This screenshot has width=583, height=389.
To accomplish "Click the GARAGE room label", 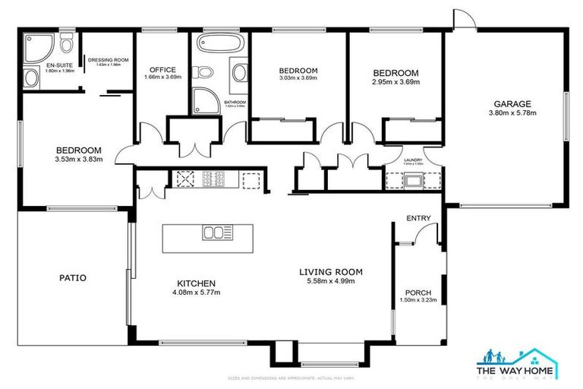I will click(x=512, y=104).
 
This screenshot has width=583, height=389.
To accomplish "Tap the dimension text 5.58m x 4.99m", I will click(x=330, y=281).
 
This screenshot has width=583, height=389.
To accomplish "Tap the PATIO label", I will click(x=72, y=278).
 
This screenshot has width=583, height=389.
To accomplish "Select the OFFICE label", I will click(x=162, y=69).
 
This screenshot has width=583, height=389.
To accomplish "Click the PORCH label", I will click(x=418, y=293).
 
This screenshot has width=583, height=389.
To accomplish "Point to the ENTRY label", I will click(x=418, y=219).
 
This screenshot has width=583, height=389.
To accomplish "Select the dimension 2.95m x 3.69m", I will click(x=395, y=82).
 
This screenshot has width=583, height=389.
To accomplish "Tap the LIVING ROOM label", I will click(x=330, y=272).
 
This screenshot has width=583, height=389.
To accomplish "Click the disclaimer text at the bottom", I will click(x=291, y=378).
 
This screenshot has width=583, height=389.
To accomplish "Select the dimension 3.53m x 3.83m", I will click(x=78, y=160).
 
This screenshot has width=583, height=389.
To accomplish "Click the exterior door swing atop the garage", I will click(x=462, y=19).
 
